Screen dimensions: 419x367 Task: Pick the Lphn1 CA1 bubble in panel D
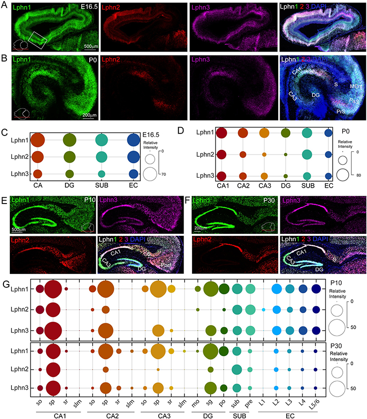coord(222,133)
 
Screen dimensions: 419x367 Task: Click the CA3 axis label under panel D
coord(264,188)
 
